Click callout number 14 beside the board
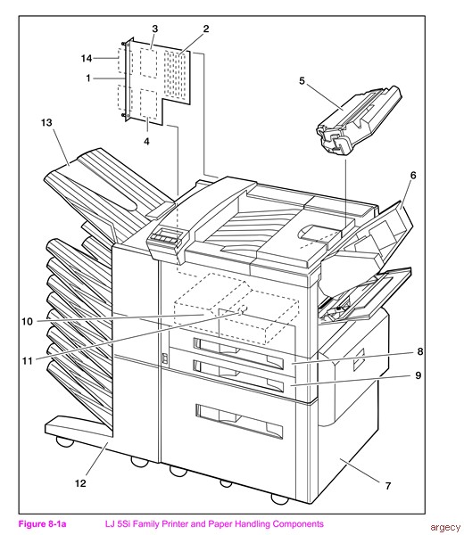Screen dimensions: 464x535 point(87,58)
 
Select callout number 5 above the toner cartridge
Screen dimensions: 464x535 point(302,81)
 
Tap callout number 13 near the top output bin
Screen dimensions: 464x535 point(46,122)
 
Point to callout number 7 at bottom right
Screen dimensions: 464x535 point(388,486)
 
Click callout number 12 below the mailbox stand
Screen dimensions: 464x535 point(80,483)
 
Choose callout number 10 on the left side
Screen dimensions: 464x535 point(28,321)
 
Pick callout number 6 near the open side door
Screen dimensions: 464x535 point(413,176)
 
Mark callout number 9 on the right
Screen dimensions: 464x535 point(418,375)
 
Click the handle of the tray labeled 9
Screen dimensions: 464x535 point(238,375)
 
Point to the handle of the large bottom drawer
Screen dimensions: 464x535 point(239,422)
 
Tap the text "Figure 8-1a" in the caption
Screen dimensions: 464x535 point(42,523)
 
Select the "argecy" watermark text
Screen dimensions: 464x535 point(445,528)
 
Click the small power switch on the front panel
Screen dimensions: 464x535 point(165,358)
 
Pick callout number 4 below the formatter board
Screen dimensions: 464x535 point(146,141)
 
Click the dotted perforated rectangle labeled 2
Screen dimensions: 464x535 point(175,76)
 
